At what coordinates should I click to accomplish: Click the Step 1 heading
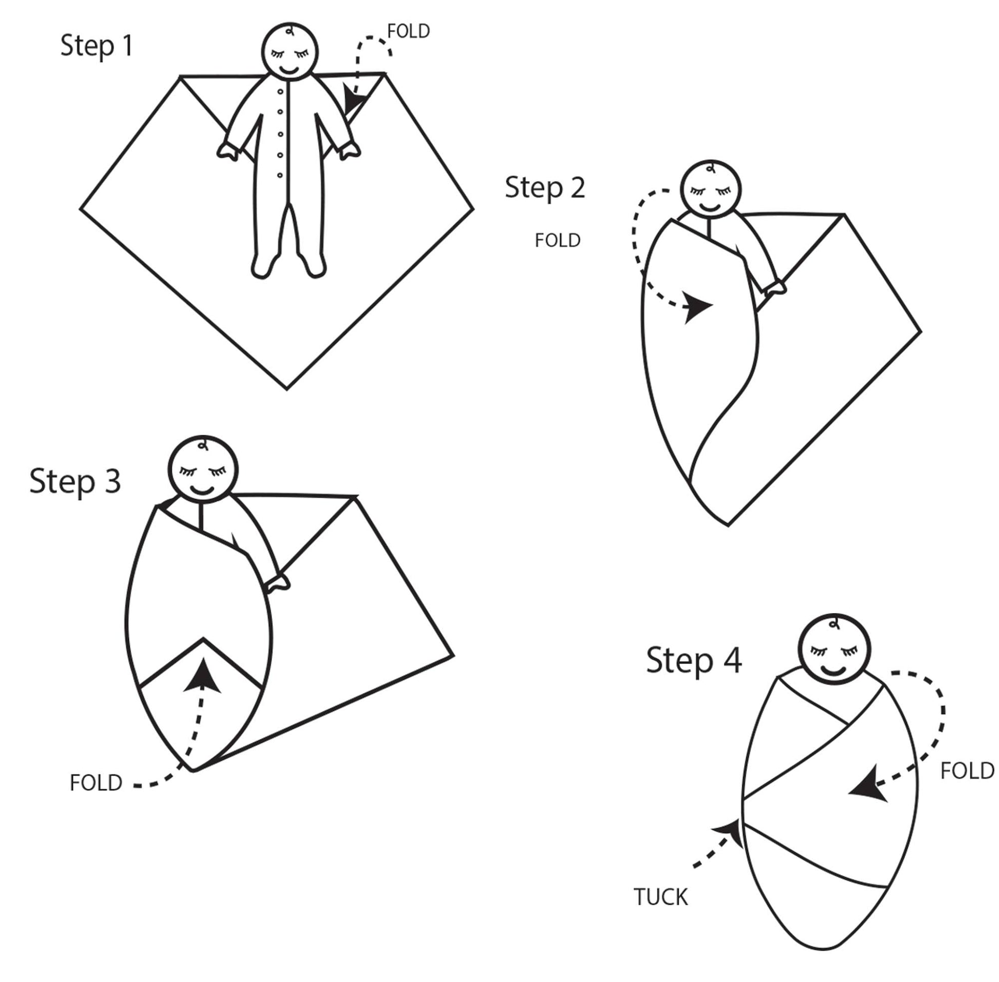pos(97,46)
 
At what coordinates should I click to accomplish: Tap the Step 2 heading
pos(545,188)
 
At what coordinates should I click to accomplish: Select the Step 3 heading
pos(75,482)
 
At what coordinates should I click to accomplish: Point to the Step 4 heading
pos(694,660)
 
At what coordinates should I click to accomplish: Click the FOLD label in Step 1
pos(408,31)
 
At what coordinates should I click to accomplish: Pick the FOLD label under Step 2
pos(558,240)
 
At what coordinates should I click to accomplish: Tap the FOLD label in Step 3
pos(96,783)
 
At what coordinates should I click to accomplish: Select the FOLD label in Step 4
pos(967,771)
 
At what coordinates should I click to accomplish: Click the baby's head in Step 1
pos(290,52)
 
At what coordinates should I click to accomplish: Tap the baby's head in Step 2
pos(710,190)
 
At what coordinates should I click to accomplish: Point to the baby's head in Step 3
pos(203,469)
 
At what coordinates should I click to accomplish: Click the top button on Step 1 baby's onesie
pos(280,92)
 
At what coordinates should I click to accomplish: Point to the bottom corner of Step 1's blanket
pos(287,388)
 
